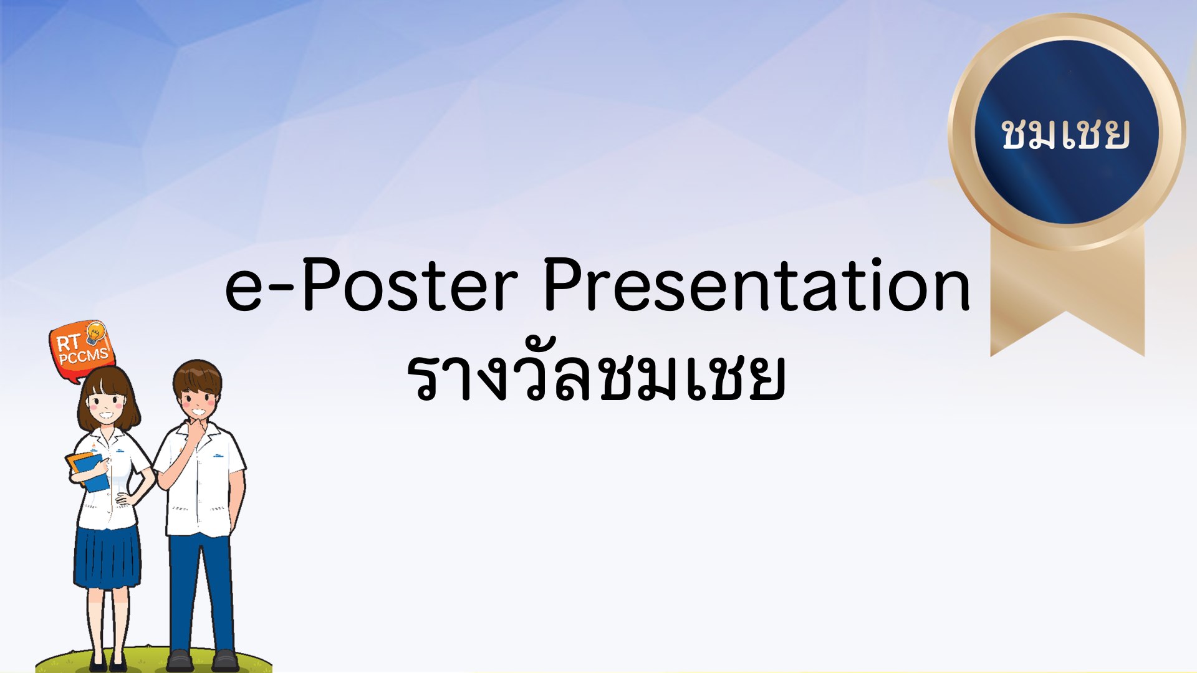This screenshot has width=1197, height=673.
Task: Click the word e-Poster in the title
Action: tap(372, 285)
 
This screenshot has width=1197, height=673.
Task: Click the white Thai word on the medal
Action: tap(1065, 134)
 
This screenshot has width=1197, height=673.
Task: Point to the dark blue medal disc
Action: tap(1067, 132)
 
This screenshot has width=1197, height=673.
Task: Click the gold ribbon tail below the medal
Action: tap(1067, 293)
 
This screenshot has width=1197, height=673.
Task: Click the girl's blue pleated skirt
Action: tap(107, 557)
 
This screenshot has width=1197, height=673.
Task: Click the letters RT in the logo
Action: tap(69, 343)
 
